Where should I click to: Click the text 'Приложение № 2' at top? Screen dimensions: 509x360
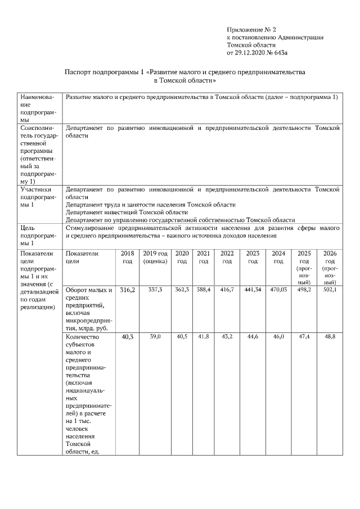click(251, 29)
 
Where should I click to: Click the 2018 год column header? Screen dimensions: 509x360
click(128, 258)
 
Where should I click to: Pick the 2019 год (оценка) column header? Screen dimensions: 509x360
click(155, 258)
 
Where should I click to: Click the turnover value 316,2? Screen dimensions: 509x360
click(128, 290)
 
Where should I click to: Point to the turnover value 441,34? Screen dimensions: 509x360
click(253, 290)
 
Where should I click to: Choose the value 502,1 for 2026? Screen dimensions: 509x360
click(330, 290)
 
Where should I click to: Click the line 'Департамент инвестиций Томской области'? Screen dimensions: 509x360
click(127, 213)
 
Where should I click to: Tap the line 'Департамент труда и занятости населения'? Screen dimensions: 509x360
click(150, 205)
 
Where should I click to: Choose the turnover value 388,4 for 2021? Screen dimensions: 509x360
click(204, 290)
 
